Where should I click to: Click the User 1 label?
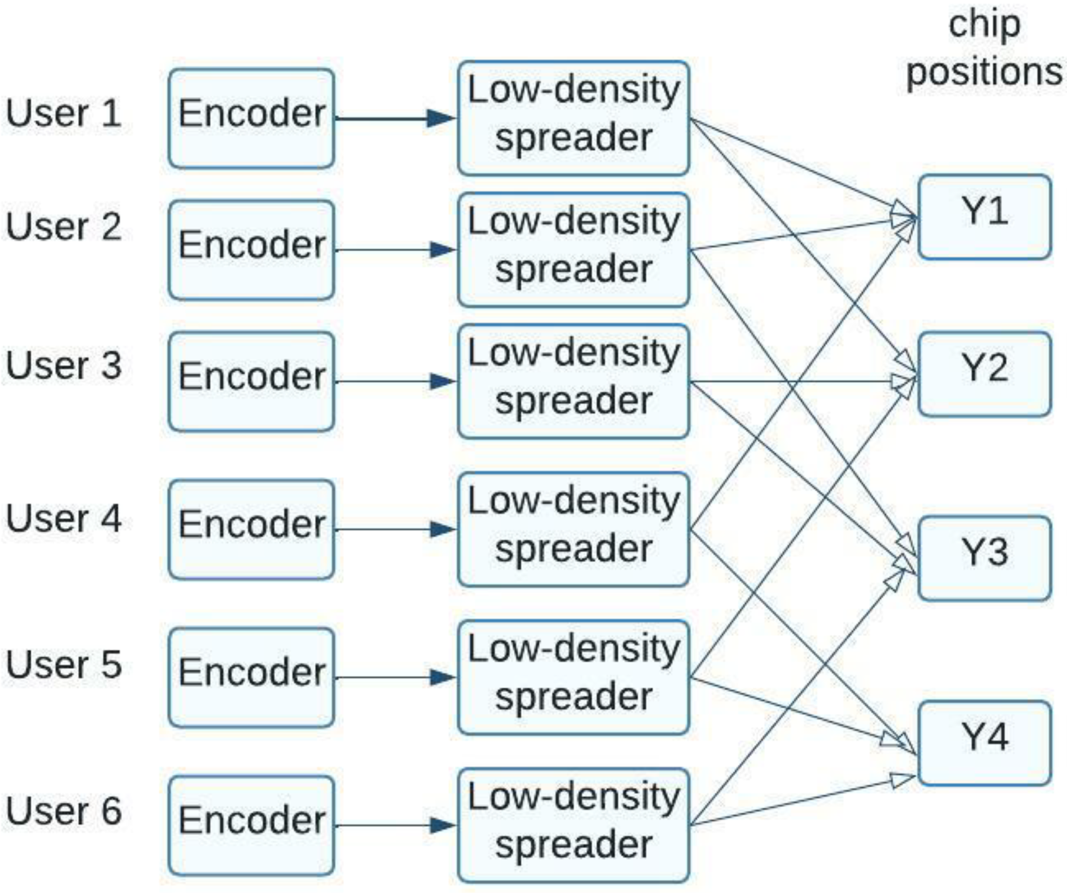click(x=64, y=113)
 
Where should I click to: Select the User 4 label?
click(x=64, y=518)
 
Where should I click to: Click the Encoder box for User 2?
click(x=251, y=250)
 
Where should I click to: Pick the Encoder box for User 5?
click(x=251, y=677)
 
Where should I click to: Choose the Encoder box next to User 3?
click(x=251, y=381)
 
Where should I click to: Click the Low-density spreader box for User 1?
click(x=573, y=118)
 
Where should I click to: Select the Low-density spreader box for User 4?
click(x=573, y=529)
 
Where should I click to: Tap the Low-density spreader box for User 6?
click(x=573, y=825)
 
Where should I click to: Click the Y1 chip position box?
click(x=984, y=217)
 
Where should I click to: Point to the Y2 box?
click(x=984, y=374)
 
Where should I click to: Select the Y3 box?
click(x=984, y=558)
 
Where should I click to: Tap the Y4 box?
click(x=984, y=743)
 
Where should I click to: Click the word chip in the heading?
click(x=984, y=25)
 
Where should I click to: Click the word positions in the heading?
click(x=984, y=73)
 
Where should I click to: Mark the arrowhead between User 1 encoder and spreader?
click(x=440, y=118)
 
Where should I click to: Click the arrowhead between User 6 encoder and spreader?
click(x=442, y=825)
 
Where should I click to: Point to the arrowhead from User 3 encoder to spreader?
click(x=442, y=381)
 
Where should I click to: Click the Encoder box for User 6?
click(x=251, y=825)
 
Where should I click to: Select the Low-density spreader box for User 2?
click(x=573, y=249)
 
